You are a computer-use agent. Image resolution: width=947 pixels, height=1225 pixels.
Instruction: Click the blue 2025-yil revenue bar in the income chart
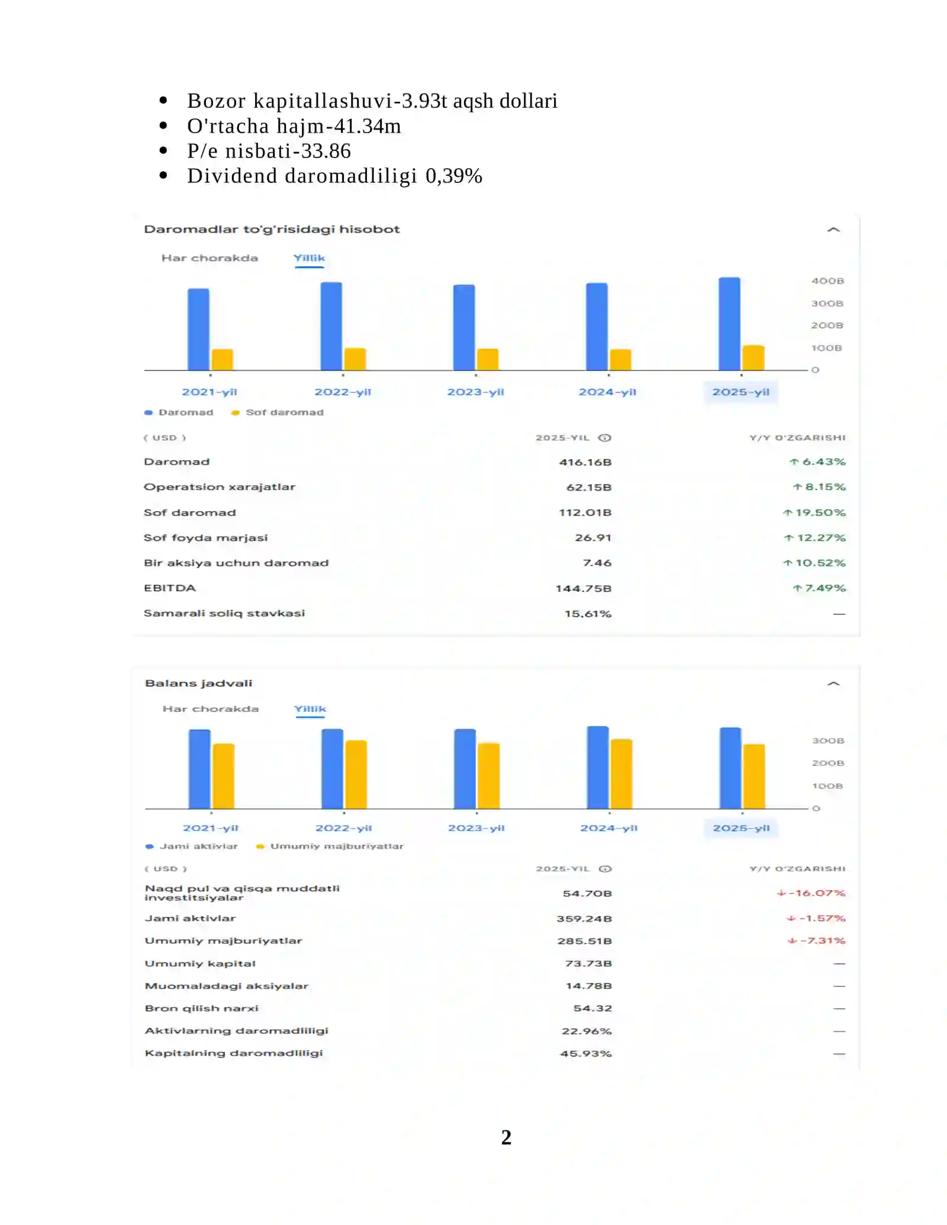(x=729, y=324)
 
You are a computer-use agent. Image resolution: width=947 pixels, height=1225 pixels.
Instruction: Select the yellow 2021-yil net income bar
(x=223, y=360)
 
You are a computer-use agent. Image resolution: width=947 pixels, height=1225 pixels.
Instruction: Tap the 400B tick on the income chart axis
(x=827, y=281)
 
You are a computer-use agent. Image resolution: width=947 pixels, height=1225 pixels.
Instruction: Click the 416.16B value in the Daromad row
(x=585, y=462)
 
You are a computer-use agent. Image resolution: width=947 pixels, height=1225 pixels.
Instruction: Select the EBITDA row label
(x=170, y=588)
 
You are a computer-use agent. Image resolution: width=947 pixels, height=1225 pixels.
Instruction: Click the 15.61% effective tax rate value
(x=588, y=614)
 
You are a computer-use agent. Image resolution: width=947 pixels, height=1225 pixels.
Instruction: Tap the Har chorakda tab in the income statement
(x=210, y=258)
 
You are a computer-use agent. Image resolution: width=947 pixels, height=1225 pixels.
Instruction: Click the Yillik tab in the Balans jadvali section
(x=310, y=709)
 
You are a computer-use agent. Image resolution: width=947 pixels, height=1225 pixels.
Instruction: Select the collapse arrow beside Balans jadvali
(x=833, y=684)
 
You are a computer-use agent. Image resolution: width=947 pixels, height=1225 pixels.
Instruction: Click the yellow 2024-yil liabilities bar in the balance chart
(x=621, y=773)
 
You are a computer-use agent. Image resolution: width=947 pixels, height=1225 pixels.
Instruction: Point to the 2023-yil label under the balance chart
(x=476, y=828)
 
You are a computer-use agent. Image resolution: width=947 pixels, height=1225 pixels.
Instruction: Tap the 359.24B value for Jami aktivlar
(x=584, y=918)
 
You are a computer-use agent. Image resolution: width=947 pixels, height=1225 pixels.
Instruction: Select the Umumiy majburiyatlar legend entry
(x=330, y=846)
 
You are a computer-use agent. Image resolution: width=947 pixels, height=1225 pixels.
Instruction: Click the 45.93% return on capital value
(x=586, y=1053)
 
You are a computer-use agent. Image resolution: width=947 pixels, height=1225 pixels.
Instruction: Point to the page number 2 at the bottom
(x=506, y=1137)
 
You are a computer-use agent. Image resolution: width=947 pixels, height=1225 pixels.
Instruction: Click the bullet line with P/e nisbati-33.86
(x=269, y=151)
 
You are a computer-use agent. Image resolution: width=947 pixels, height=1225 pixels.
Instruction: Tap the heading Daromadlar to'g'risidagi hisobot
(x=272, y=230)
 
